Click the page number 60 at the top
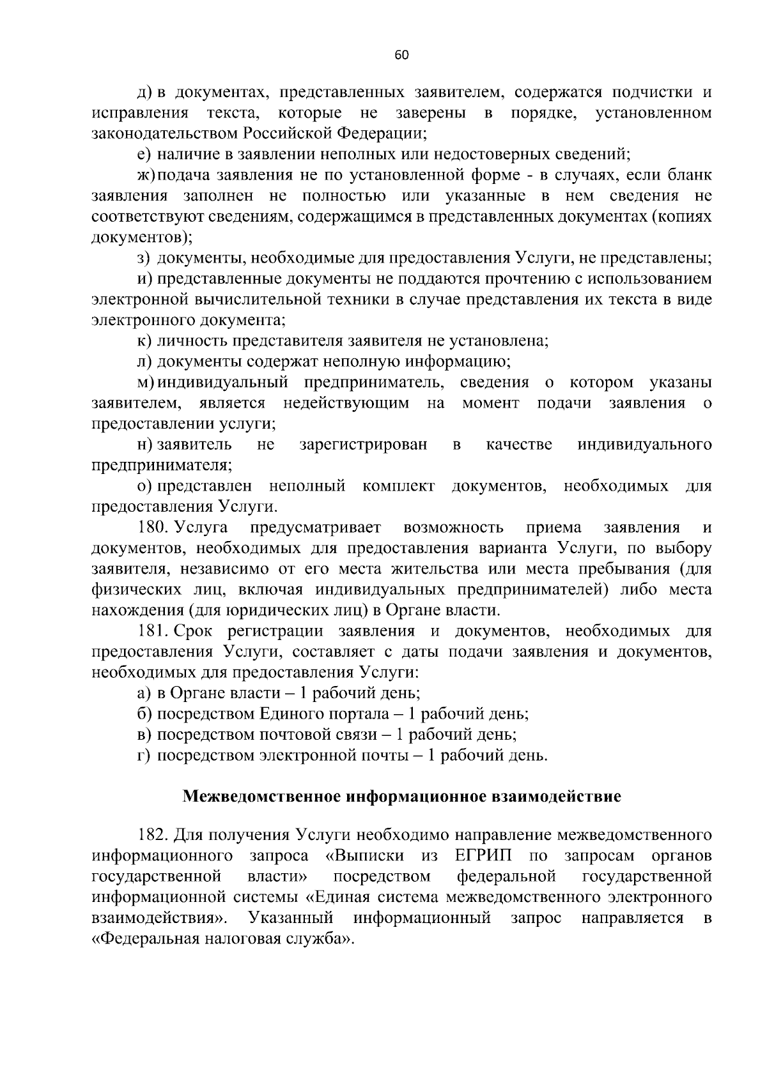point(401,55)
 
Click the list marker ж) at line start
point(146,174)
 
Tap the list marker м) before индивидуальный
point(146,382)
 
